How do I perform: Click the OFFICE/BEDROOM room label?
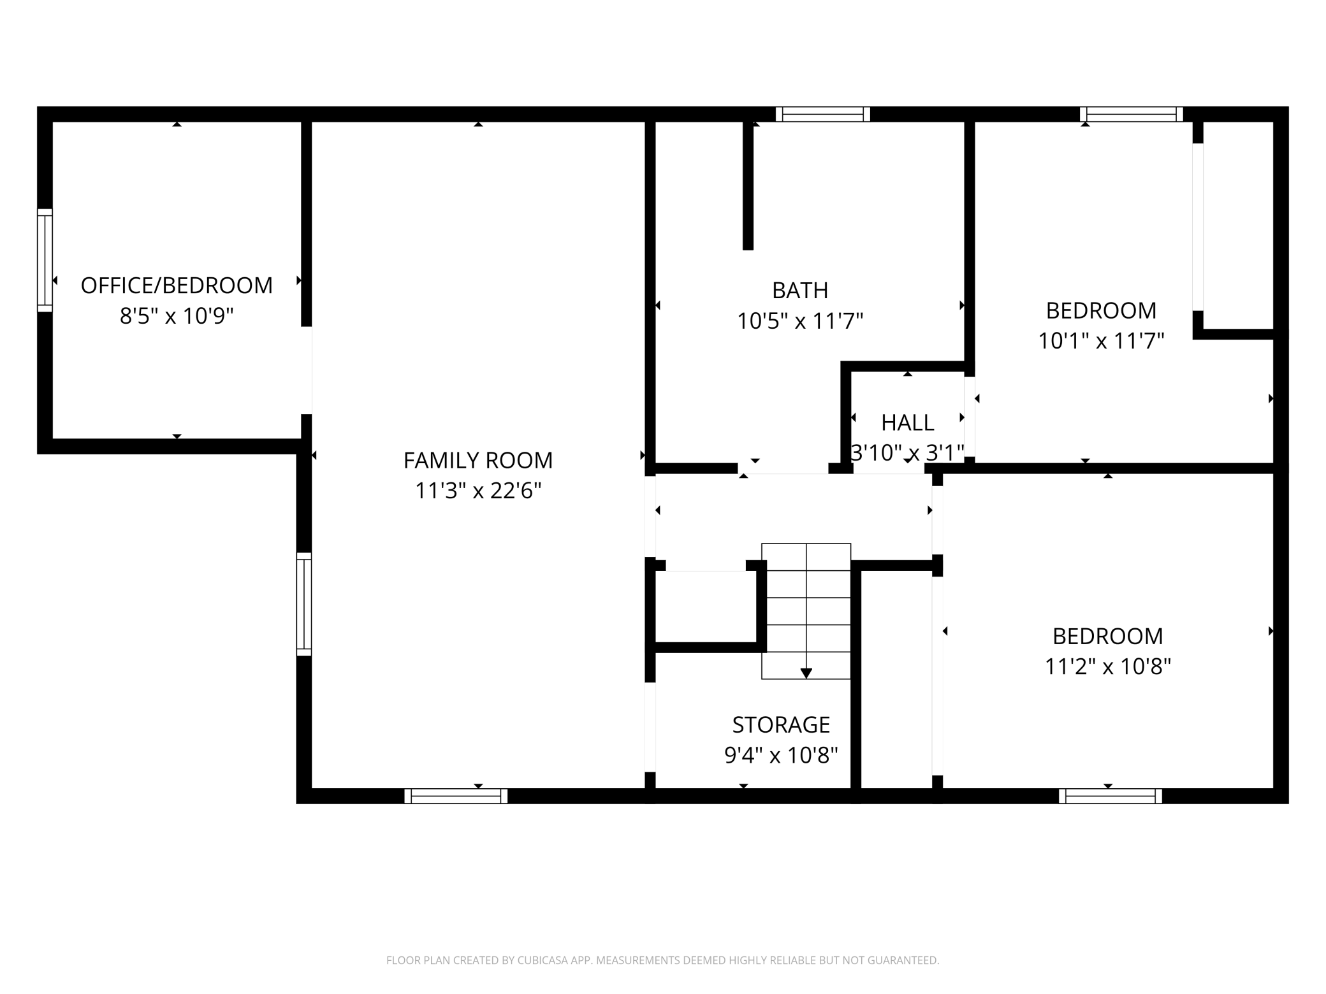pos(177,285)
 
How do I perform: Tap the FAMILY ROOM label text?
pos(478,460)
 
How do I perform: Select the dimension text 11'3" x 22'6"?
pos(478,491)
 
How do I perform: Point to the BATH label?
pos(800,291)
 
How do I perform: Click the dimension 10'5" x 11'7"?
pos(800,321)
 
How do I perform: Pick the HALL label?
pos(908,422)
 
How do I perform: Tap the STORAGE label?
pos(781,724)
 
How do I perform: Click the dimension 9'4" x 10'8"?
pos(781,755)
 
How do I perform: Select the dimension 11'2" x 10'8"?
pos(1108,666)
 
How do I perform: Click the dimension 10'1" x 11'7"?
pos(1102,341)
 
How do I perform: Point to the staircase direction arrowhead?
pos(806,673)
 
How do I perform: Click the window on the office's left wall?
pos(45,260)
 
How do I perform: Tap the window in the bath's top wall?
pos(823,114)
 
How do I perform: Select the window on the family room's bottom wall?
pos(456,796)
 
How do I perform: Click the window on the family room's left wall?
pos(304,604)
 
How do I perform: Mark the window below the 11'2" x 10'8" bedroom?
pos(1111,796)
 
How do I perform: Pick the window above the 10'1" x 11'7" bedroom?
pos(1132,114)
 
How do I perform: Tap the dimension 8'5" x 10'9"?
pos(177,315)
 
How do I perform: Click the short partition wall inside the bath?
pos(748,185)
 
